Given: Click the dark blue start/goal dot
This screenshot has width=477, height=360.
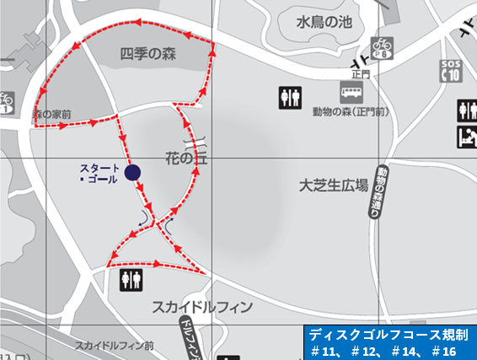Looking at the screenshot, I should pos(131,173).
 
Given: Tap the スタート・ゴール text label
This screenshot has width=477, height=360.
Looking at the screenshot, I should pos(99,173).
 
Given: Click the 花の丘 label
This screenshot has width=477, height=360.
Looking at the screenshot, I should pos(186,157).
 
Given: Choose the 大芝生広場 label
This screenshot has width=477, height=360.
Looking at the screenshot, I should pos(334,185).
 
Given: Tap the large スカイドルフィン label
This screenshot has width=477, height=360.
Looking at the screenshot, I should pos(202,307).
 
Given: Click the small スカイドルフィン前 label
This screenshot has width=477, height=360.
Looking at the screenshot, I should pos(114,346).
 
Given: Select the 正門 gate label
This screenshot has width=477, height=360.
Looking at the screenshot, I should pos(360,74).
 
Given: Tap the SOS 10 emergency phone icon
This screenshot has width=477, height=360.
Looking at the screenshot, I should pos(451,72).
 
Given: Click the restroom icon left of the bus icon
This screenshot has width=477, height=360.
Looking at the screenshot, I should pos(289,98).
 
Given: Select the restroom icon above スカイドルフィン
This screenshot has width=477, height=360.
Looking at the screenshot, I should pos(131,280).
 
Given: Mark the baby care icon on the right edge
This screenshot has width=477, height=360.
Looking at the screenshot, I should pos(467,137).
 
